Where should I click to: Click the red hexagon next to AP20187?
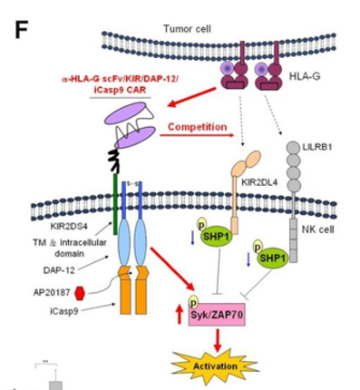80,293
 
